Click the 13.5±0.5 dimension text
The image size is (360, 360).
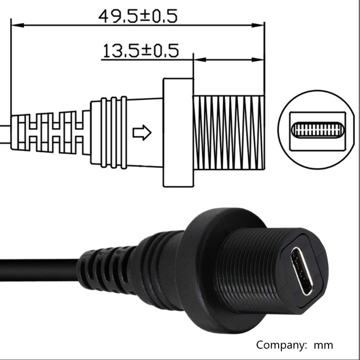pos(140,50)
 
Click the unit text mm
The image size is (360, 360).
pos(323,345)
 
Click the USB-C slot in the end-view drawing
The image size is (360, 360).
pos(317,130)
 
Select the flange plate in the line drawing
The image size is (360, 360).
pos(177,132)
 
